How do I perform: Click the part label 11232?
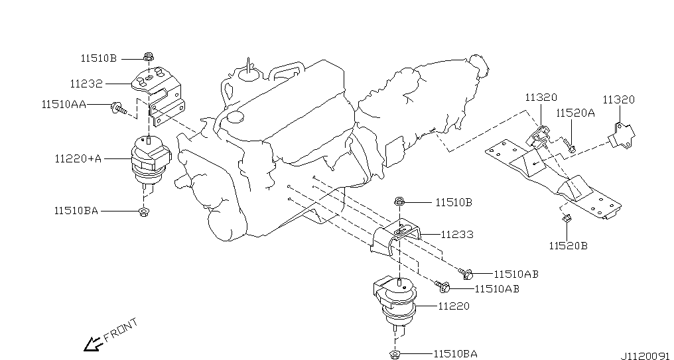[86, 84]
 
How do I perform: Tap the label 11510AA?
[64, 104]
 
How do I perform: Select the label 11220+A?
[78, 158]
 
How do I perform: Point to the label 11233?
[457, 235]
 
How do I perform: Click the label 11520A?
[575, 113]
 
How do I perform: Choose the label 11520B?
[568, 246]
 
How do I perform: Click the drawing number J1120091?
[645, 356]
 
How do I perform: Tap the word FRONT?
[121, 329]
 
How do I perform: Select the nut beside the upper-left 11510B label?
[149, 57]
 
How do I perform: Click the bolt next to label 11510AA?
[118, 108]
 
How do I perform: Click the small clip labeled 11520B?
[567, 218]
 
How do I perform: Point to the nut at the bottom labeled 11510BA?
[395, 354]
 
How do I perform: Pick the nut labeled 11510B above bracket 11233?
[399, 201]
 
